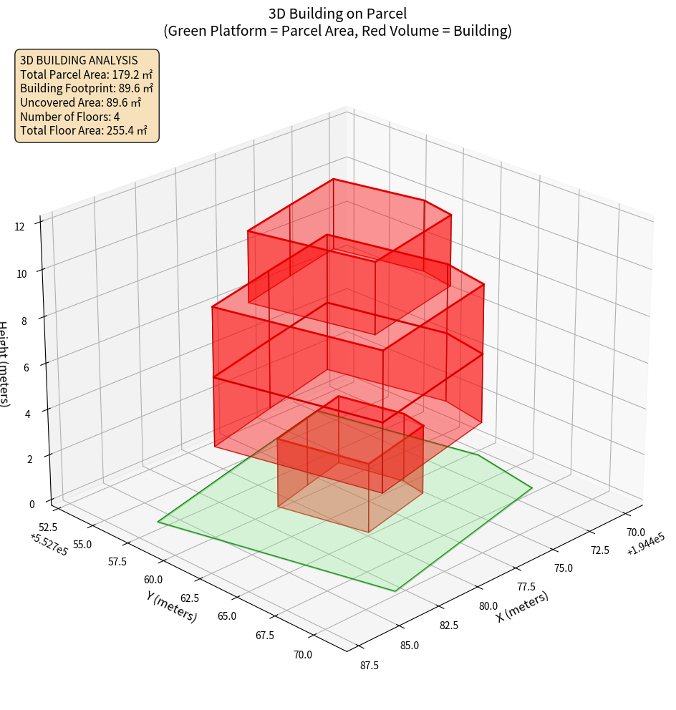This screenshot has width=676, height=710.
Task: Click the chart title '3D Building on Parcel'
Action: point(337,13)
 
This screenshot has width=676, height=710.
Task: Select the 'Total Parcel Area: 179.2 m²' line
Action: point(87,74)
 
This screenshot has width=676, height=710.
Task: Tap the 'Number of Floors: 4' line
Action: point(70,117)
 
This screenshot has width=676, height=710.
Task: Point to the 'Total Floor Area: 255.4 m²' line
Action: point(84,131)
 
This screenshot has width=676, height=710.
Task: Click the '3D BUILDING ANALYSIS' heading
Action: point(79,60)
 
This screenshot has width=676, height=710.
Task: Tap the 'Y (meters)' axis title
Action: point(171,606)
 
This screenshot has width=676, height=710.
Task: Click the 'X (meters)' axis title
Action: point(523,606)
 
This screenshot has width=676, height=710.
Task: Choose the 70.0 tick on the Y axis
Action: point(302,654)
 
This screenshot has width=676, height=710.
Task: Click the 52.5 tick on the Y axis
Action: point(47,527)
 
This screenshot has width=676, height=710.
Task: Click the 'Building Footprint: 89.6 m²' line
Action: point(87,88)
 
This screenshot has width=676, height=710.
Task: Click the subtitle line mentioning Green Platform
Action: point(337,31)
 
